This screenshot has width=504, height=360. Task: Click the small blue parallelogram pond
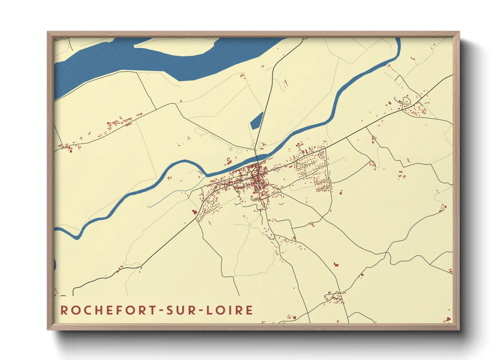(257, 120)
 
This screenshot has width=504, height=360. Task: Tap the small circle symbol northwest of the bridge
(231, 149)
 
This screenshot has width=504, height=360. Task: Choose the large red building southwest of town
(195, 212)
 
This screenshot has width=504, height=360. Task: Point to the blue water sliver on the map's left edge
(55, 264)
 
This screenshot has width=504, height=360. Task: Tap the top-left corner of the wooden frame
(48, 32)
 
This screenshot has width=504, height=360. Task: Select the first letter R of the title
(64, 310)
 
